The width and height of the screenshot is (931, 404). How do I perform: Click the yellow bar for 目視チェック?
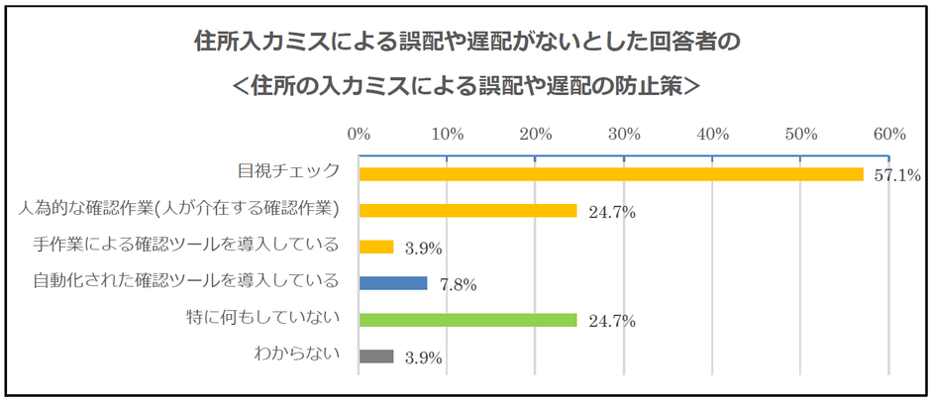point(610,174)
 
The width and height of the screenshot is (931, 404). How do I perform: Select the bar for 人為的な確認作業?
point(467,211)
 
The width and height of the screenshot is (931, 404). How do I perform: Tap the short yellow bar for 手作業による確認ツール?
point(376,247)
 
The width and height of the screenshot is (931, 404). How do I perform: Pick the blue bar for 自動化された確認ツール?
point(393,283)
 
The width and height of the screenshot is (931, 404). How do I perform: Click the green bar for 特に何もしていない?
point(467,320)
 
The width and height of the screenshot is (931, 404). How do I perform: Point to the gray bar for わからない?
point(376,356)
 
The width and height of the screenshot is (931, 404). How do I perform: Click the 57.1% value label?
point(897,176)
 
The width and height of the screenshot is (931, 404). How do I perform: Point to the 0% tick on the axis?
point(359,133)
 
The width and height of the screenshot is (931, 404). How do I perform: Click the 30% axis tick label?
point(624,133)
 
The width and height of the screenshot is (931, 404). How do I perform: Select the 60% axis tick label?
point(889,133)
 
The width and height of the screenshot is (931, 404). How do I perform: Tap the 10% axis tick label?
point(448,133)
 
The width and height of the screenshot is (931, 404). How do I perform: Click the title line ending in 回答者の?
point(465,45)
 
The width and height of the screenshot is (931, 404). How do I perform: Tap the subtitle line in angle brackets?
point(465,87)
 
